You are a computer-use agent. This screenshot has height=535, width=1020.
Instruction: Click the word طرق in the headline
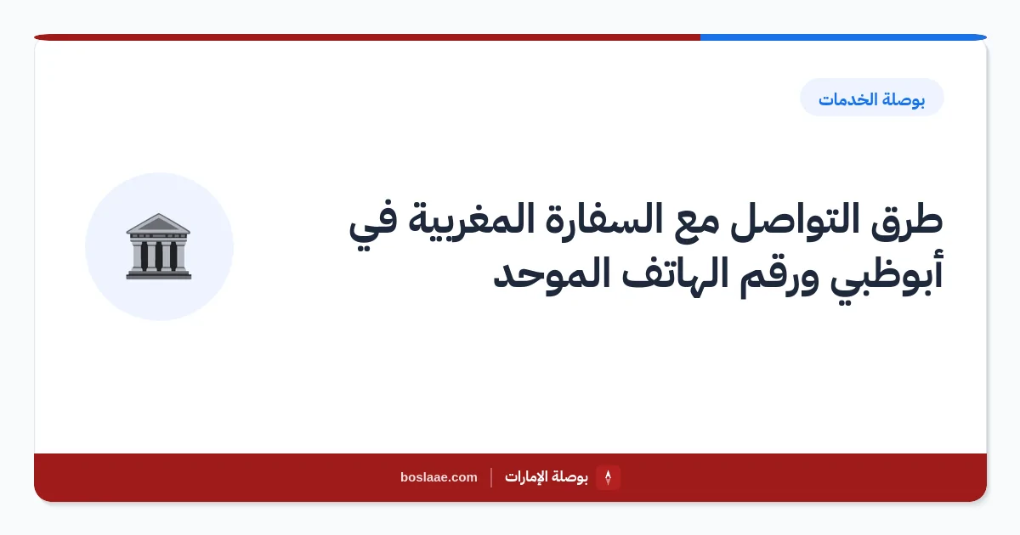(x=907, y=221)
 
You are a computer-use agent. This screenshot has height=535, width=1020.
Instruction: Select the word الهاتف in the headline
(x=675, y=273)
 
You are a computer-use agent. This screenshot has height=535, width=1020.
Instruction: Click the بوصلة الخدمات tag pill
(x=871, y=98)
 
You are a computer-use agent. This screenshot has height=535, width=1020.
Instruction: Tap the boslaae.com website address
(x=439, y=477)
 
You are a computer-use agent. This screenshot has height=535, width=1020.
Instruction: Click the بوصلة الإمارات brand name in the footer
(x=547, y=477)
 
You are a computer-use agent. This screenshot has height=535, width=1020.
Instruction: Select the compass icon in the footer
(x=608, y=477)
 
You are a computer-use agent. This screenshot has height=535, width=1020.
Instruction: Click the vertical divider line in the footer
(x=491, y=477)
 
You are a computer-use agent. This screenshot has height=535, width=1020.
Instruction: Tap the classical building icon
(x=159, y=246)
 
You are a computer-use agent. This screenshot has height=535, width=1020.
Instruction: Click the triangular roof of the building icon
(x=158, y=222)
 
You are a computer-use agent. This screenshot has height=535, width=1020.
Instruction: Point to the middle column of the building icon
(x=159, y=256)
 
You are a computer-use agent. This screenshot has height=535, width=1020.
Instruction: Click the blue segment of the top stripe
(x=843, y=37)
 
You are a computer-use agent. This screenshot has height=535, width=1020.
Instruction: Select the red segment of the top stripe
(x=367, y=37)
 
